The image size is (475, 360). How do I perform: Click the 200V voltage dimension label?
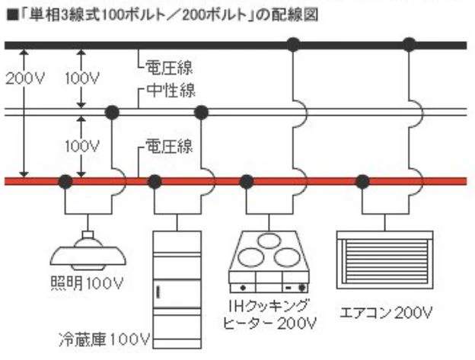(25, 78)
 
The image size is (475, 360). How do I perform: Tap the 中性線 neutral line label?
(171, 90)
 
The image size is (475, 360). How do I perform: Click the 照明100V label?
(87, 283)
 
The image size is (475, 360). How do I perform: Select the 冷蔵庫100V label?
(104, 339)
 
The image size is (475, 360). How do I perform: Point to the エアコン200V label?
(386, 313)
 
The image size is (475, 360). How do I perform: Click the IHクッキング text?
(269, 306)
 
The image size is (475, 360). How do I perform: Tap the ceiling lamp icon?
(88, 250)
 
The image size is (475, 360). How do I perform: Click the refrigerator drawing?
(177, 290)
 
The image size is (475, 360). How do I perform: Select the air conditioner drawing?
(385, 260)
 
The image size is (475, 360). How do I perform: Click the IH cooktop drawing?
(269, 262)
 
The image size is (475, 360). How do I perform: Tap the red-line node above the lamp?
(65, 182)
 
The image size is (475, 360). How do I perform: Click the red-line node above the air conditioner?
(362, 182)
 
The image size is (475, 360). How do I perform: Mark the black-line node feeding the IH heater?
(293, 45)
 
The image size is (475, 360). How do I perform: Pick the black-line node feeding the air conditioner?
(410, 45)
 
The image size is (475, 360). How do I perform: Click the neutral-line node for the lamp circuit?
(112, 113)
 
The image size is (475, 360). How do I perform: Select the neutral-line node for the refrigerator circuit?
(201, 113)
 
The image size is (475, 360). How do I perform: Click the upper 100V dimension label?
(82, 78)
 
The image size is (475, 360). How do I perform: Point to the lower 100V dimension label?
(82, 147)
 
